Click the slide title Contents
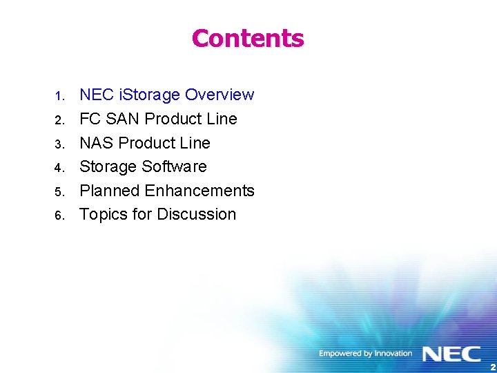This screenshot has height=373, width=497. tap(248, 38)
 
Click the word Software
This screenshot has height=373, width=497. tap(175, 166)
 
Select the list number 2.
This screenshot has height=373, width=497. tap(60, 120)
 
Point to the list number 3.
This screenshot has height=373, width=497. tap(60, 144)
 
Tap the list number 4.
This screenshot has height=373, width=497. tap(60, 168)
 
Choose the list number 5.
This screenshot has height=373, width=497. tap(60, 192)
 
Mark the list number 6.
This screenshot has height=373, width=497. tap(60, 216)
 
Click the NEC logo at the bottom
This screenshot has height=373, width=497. tap(451, 354)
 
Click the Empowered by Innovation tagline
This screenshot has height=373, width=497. tap(365, 354)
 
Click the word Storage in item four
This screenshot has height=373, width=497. tap(108, 166)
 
